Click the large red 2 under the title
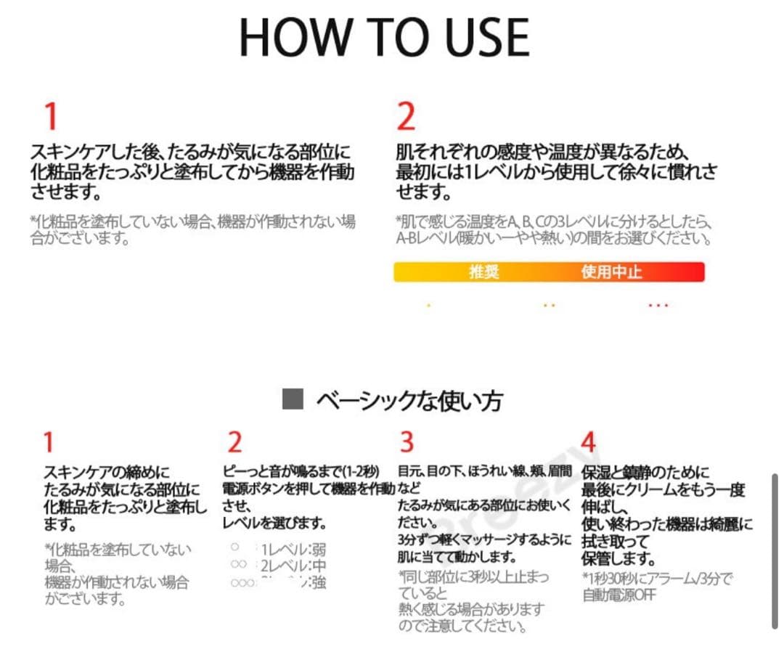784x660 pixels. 406,116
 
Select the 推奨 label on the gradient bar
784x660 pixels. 484,272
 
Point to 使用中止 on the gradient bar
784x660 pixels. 611,272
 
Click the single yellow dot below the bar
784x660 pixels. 428,306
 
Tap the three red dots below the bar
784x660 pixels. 658,306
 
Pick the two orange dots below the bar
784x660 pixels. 549,306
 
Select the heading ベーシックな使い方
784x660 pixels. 409,400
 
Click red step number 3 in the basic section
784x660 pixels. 407,441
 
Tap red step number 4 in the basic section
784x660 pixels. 589,441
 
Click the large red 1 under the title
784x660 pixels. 50,116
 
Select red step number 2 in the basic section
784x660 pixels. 234,441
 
